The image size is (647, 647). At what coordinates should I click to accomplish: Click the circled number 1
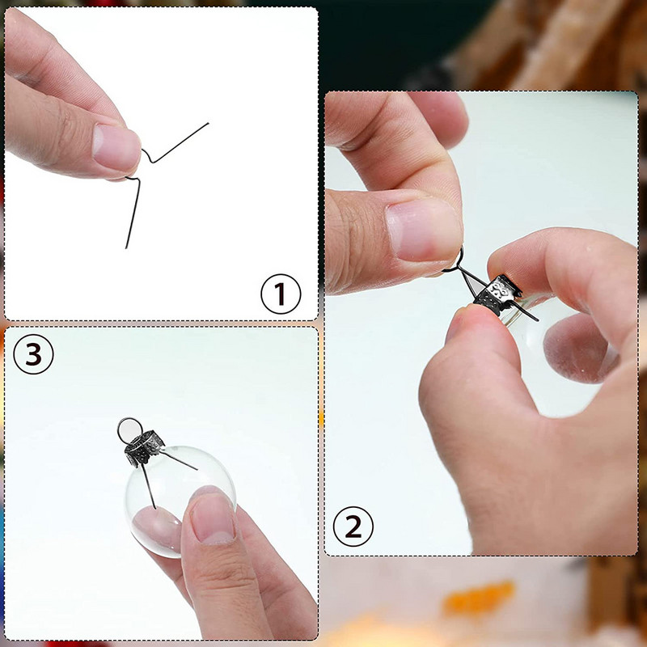pos(281,294)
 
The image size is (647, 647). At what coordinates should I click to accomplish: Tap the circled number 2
pos(353,526)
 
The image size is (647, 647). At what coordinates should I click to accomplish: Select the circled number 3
pos(33,354)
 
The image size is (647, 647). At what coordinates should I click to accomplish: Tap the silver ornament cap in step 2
pos(497,294)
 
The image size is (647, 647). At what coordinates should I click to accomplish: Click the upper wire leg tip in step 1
pos(209,123)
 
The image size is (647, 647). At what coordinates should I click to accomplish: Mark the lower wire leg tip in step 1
pos(126,247)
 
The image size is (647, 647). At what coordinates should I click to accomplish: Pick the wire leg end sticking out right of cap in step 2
pos(536,319)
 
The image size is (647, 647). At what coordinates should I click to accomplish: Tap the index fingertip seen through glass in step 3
pos(157,528)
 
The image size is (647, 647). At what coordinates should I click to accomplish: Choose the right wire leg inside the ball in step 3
pos(179,461)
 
